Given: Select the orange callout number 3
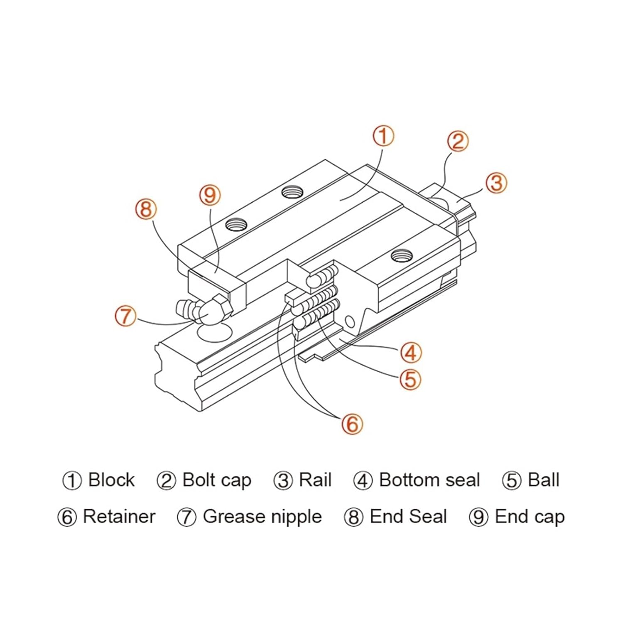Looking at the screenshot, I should (x=496, y=183).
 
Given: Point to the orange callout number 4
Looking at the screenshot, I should (x=411, y=353).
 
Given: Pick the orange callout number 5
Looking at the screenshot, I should (x=410, y=379).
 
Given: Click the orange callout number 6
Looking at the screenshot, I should (x=352, y=424).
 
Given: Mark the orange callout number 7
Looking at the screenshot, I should (x=125, y=316).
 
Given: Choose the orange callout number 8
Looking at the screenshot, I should (x=146, y=209).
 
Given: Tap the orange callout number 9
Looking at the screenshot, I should (x=210, y=195).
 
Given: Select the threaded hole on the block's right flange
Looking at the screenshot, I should (x=402, y=255).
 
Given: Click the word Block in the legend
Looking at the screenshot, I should (x=111, y=480).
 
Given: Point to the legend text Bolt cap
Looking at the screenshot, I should (x=217, y=480).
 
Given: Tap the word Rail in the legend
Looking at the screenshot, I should (x=315, y=480).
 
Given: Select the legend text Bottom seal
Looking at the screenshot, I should (x=429, y=480).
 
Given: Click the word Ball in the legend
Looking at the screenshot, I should (x=543, y=480).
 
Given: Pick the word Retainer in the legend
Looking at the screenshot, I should (x=119, y=517).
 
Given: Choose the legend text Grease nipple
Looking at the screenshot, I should (x=262, y=517).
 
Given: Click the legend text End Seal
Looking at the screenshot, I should (x=408, y=517).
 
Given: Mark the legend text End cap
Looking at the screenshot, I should (x=530, y=517).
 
